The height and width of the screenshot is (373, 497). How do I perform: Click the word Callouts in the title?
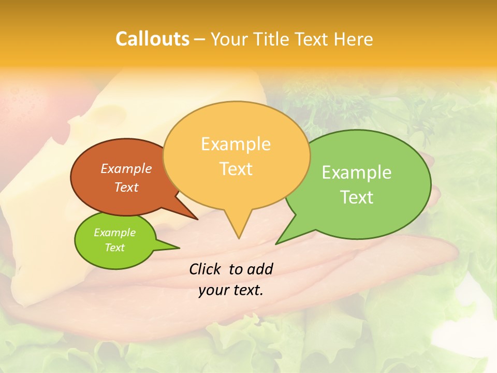click(152, 39)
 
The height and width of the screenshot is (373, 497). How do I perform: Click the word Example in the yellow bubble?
click(236, 144)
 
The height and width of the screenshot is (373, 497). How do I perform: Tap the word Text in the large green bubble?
click(357, 197)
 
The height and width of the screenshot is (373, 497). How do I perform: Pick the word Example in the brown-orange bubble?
click(126, 169)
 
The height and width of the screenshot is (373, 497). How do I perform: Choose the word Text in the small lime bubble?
click(114, 248)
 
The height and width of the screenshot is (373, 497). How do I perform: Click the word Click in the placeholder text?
click(204, 269)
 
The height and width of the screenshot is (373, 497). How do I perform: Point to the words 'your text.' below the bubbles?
click(230, 290)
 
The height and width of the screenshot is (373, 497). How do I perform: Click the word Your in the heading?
click(227, 39)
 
